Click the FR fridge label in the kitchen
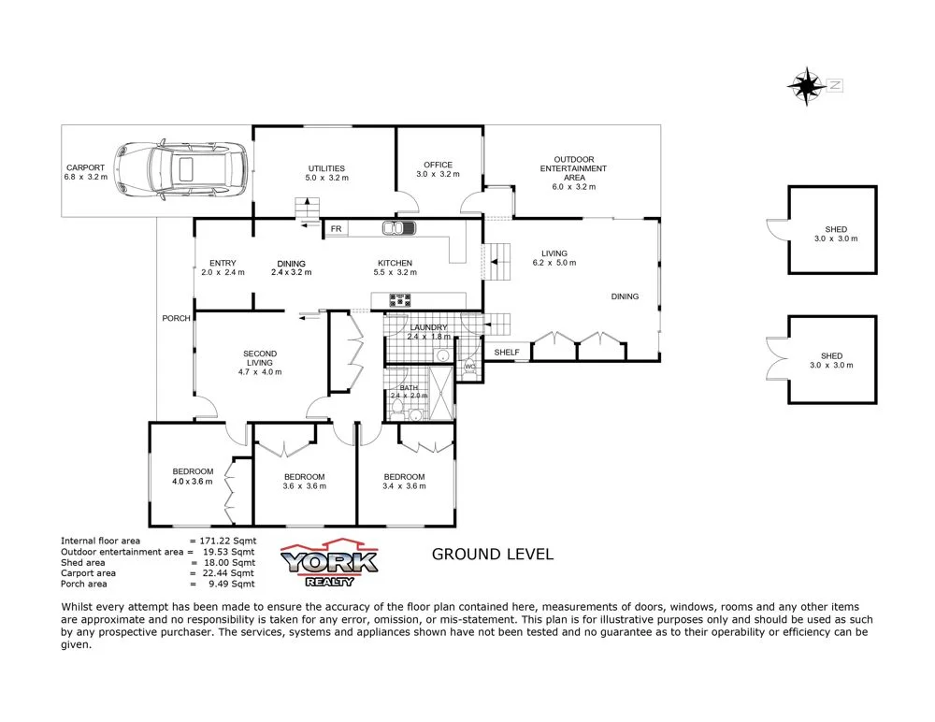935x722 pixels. click(x=336, y=228)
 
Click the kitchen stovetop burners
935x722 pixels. click(x=401, y=300)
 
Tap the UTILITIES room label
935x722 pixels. click(x=326, y=168)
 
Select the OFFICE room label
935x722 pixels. click(x=438, y=165)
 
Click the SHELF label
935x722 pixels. click(x=507, y=353)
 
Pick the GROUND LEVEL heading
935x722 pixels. click(x=492, y=554)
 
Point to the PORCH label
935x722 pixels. click(x=176, y=318)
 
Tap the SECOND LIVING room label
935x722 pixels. click(x=260, y=358)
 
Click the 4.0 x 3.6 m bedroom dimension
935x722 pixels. click(x=193, y=482)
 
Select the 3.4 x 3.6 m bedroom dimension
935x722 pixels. click(x=404, y=485)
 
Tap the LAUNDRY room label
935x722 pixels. click(x=429, y=327)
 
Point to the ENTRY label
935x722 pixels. click(x=223, y=263)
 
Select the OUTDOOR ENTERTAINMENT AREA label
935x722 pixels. click(x=573, y=168)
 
